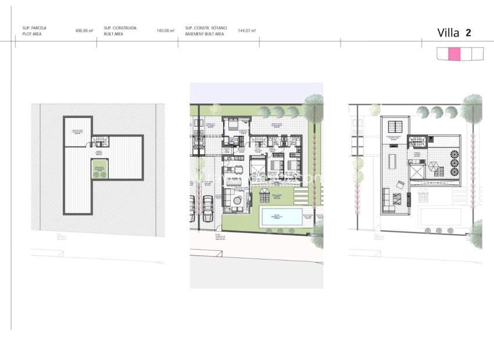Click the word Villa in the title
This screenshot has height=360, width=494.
448,33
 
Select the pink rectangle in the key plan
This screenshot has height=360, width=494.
454,54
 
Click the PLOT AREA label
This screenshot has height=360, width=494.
33,33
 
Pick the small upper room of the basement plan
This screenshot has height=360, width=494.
77,131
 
